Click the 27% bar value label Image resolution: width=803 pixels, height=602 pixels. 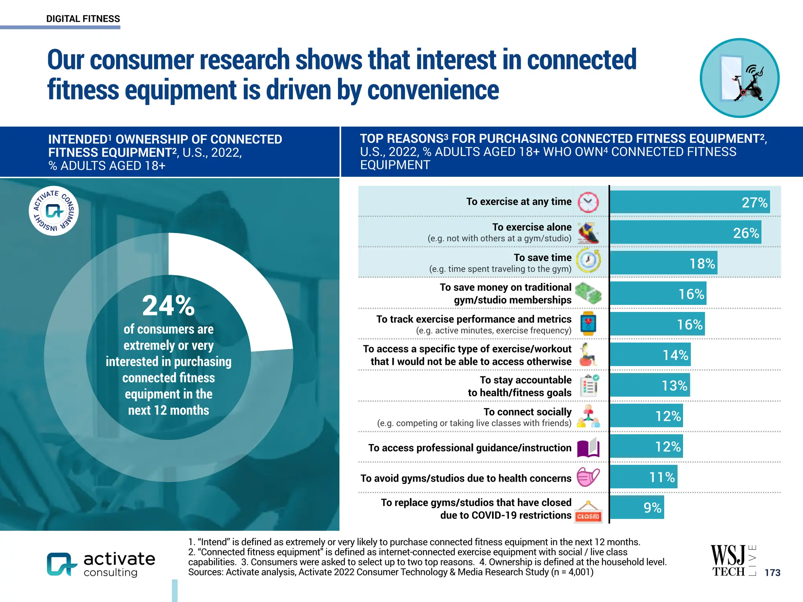point(754,203)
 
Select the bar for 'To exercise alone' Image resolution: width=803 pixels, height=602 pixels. point(685,233)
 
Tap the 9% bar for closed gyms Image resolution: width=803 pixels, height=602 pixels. point(637,508)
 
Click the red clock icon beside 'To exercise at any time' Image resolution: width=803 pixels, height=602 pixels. point(588,203)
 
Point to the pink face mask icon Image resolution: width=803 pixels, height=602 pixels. point(588,477)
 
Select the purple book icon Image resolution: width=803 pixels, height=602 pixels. point(588,448)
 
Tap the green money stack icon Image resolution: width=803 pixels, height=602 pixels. point(588,294)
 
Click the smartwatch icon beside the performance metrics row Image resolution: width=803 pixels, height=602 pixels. point(588,324)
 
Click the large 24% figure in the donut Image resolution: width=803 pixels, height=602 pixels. point(169,306)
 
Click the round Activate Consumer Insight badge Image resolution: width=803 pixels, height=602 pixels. point(54,211)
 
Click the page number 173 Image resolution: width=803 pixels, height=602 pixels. point(772,573)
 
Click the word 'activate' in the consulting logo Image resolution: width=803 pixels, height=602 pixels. point(119,558)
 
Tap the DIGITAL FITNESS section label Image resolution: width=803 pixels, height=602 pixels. point(83,19)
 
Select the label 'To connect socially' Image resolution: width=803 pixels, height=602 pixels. point(527,412)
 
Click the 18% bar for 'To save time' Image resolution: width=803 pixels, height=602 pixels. point(663,263)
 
